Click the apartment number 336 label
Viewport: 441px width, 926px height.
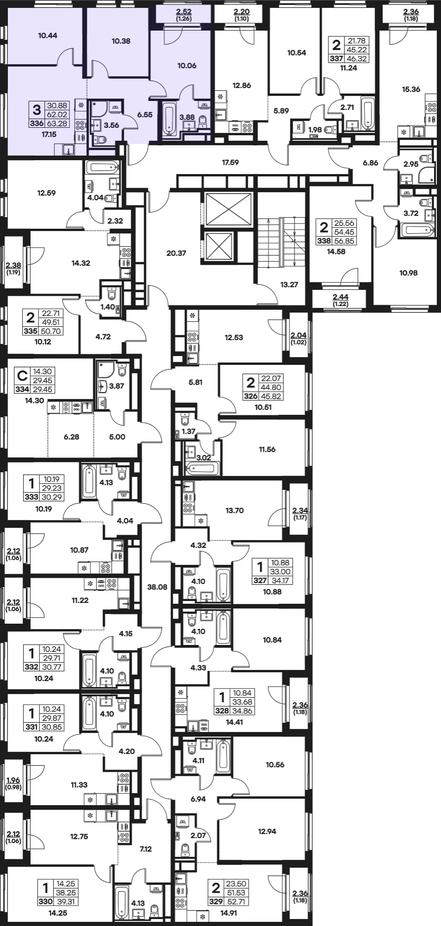click(x=37, y=123)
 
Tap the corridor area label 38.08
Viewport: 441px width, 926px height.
click(x=157, y=587)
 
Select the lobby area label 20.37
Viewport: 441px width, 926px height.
click(x=176, y=253)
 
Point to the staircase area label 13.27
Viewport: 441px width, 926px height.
click(x=289, y=285)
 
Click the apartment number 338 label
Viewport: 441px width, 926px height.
click(x=324, y=241)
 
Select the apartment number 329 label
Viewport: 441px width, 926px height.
click(x=216, y=901)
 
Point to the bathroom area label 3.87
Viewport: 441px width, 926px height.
click(x=116, y=386)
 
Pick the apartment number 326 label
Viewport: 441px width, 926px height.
click(x=251, y=396)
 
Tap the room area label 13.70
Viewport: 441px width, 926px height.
click(x=234, y=510)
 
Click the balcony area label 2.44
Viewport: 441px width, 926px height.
click(x=341, y=296)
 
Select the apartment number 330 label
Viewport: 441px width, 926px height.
click(x=45, y=901)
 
